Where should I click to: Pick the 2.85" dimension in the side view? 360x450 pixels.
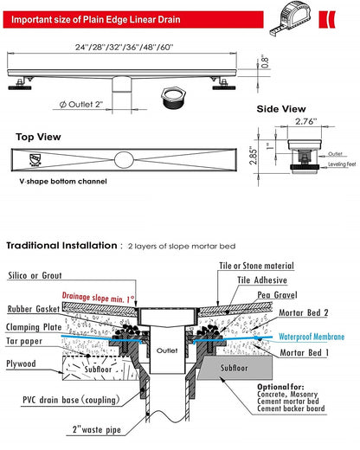[254, 154]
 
